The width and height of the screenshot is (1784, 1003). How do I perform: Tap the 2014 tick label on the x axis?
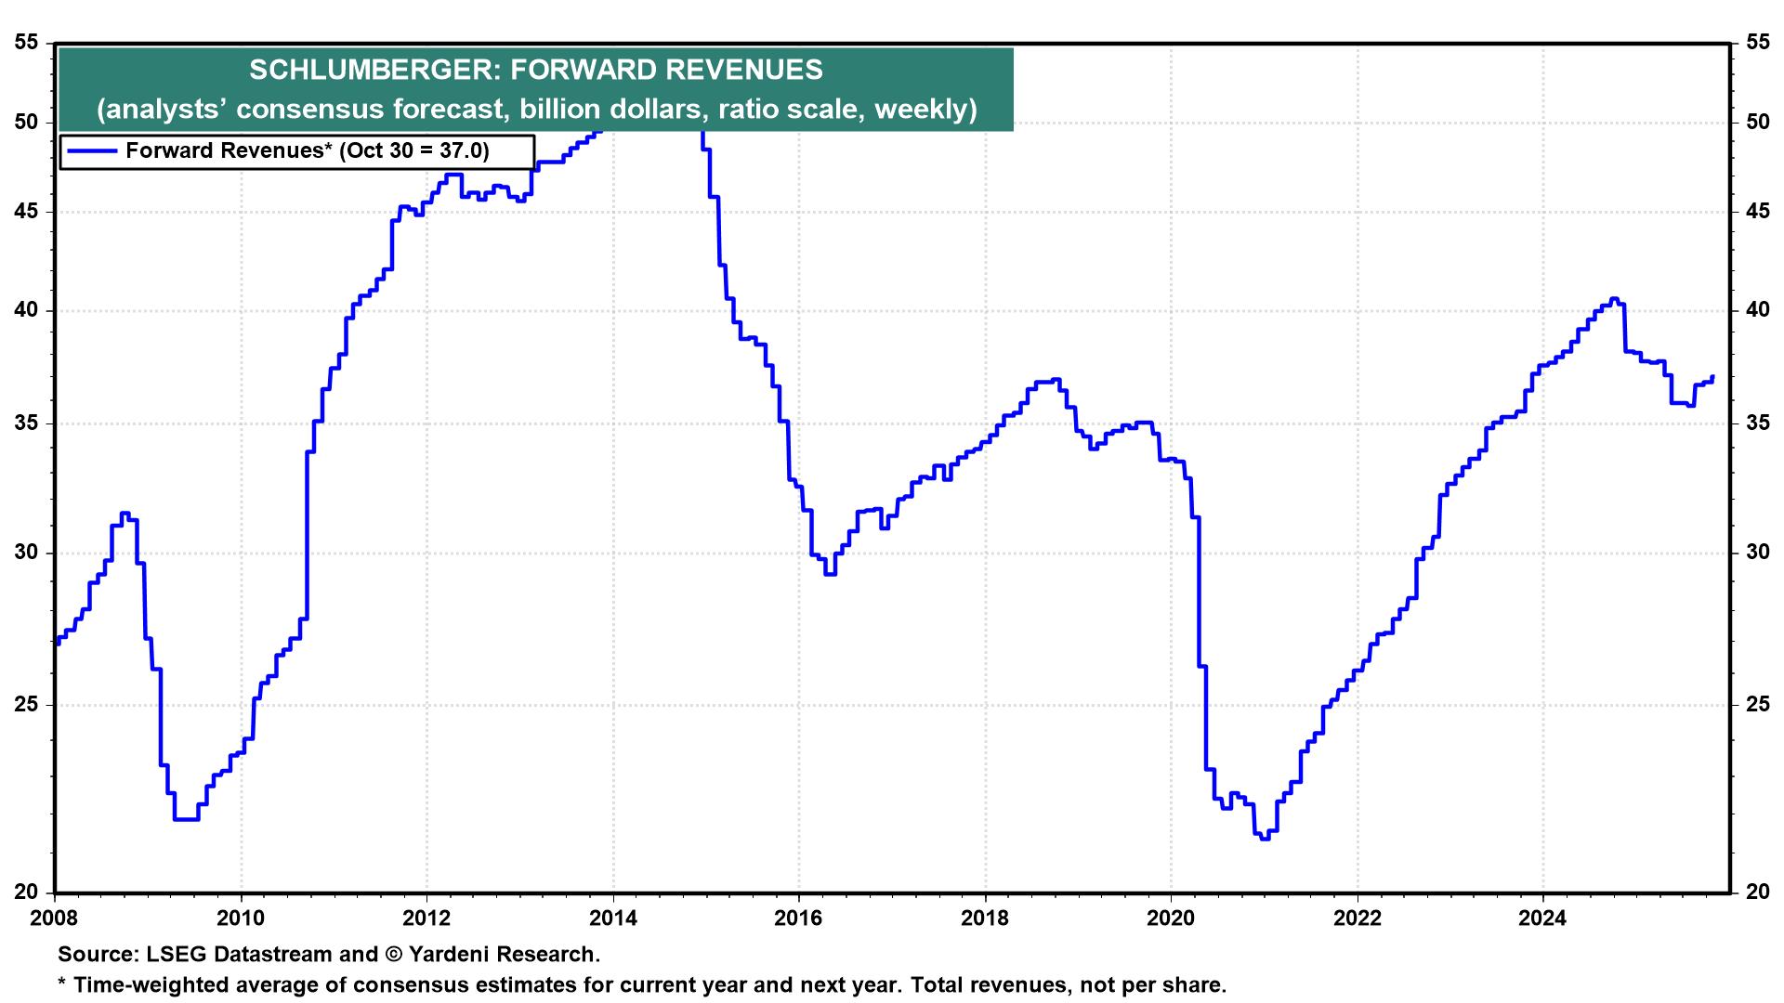click(x=613, y=920)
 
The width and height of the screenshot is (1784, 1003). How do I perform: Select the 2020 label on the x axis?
click(x=1171, y=920)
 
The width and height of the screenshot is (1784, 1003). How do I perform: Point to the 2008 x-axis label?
click(x=56, y=920)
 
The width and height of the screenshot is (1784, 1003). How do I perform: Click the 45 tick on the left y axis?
click(x=28, y=212)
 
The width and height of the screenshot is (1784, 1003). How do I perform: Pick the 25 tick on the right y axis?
click(x=1757, y=705)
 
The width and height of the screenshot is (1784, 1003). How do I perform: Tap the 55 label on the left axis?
click(x=28, y=43)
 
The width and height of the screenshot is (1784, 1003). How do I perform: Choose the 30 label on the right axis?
click(x=1757, y=553)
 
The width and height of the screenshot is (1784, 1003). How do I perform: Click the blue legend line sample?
click(x=91, y=151)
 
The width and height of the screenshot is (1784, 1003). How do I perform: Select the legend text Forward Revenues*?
click(x=229, y=151)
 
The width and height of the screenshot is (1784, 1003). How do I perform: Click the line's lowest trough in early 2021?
click(x=1263, y=838)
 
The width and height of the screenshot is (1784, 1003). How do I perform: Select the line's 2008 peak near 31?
click(x=125, y=513)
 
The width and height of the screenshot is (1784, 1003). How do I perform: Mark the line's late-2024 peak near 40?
click(x=1613, y=299)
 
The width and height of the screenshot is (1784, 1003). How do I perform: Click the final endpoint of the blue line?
click(x=1712, y=377)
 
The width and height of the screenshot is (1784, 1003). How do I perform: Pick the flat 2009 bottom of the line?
click(x=186, y=819)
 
